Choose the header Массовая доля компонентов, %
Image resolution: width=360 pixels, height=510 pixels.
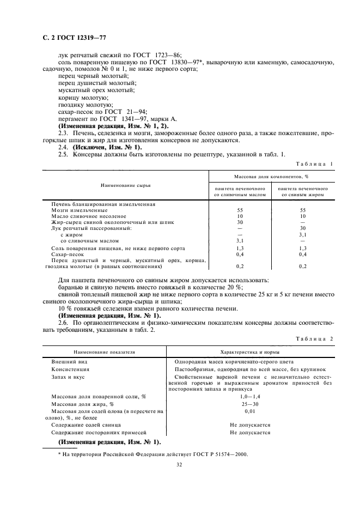[271, 177]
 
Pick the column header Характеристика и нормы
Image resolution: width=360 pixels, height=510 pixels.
[248, 353]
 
